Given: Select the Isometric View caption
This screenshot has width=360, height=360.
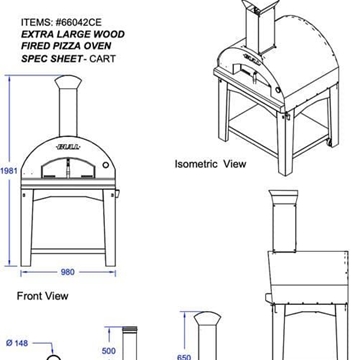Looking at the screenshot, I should pyautogui.click(x=209, y=163).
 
